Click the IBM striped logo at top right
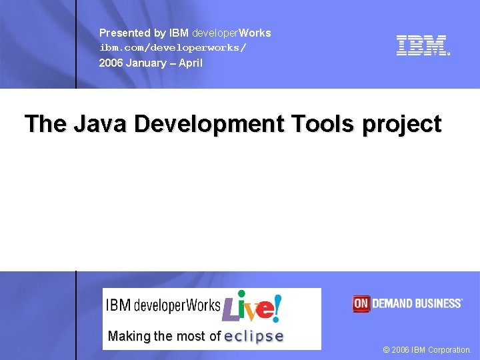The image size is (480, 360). [422, 45]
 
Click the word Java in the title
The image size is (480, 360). [101, 124]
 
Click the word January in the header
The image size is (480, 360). [148, 63]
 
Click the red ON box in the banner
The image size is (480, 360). [361, 304]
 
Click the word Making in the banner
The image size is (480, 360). [129, 337]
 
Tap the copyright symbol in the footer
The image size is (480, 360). [387, 350]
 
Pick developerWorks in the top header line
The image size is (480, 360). [231, 33]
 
